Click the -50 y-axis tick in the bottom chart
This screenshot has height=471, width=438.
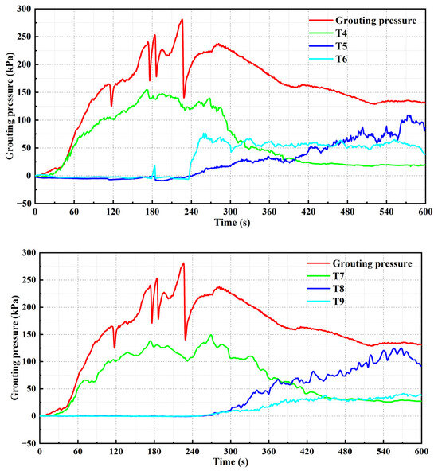coord(25,443)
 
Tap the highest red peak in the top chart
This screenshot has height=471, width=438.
coord(182,20)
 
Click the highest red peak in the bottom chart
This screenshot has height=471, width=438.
coord(183,263)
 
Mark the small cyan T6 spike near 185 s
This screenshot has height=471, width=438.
coord(154,166)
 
